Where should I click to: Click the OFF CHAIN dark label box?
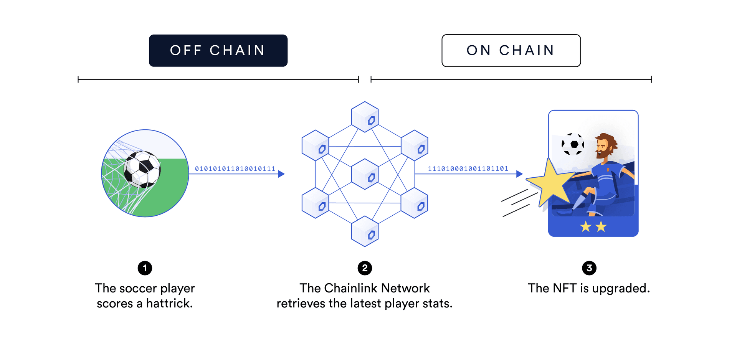(x=218, y=50)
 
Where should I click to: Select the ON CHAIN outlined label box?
(x=511, y=50)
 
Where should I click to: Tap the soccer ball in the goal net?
(x=142, y=169)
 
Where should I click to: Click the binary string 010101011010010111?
(x=235, y=169)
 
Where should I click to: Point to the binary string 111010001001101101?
(x=468, y=169)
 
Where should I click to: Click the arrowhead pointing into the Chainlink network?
(x=281, y=174)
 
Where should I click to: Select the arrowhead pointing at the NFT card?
(x=519, y=174)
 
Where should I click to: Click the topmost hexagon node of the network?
(x=365, y=117)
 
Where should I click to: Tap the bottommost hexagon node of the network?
(x=365, y=231)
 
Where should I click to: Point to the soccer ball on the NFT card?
(x=573, y=144)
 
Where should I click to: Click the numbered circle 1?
(x=145, y=268)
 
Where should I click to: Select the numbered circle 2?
(x=365, y=268)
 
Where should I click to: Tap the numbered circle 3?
(x=589, y=268)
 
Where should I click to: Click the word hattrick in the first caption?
(x=169, y=304)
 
